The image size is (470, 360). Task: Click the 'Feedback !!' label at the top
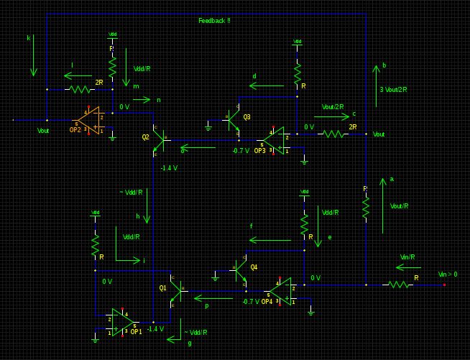click(214, 21)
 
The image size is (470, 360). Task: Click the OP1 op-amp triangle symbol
click(122, 321)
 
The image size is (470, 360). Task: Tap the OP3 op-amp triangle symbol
click(277, 140)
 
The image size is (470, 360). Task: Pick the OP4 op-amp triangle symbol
click(280, 291)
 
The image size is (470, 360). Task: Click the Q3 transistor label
click(246, 116)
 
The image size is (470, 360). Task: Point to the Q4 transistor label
click(254, 267)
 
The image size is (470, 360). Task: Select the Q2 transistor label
click(145, 137)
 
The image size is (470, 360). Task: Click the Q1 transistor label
click(162, 287)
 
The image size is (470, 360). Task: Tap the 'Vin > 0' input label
click(447, 274)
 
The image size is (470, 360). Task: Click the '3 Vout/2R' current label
click(393, 90)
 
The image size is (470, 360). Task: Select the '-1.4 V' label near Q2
click(169, 167)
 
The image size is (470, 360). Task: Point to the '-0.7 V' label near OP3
click(240, 151)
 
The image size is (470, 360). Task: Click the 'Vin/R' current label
click(407, 257)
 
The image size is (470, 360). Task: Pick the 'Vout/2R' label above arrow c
click(333, 106)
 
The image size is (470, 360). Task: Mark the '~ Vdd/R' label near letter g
click(195, 332)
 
